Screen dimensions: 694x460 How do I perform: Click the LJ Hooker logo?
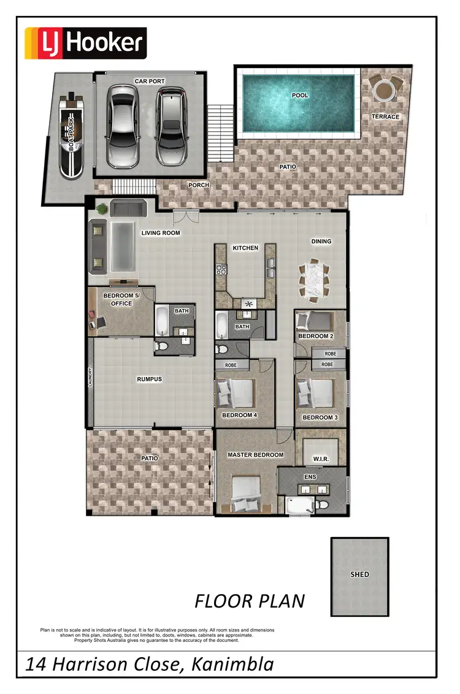tap(85, 43)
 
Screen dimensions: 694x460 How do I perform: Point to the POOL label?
tap(300, 96)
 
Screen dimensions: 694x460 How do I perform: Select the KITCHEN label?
tap(245, 248)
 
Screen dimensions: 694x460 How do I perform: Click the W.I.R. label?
tap(321, 459)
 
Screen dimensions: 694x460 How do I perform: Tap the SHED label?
tap(360, 574)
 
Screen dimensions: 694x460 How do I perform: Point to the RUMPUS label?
tap(149, 379)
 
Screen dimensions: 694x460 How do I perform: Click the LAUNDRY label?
tap(90, 376)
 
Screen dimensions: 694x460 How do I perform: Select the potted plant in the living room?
tap(101, 210)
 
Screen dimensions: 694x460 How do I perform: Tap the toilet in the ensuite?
tap(324, 504)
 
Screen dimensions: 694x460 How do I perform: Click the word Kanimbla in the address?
tap(232, 664)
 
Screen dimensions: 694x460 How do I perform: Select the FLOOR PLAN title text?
tap(250, 601)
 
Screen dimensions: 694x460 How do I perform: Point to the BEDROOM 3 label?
tap(320, 418)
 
